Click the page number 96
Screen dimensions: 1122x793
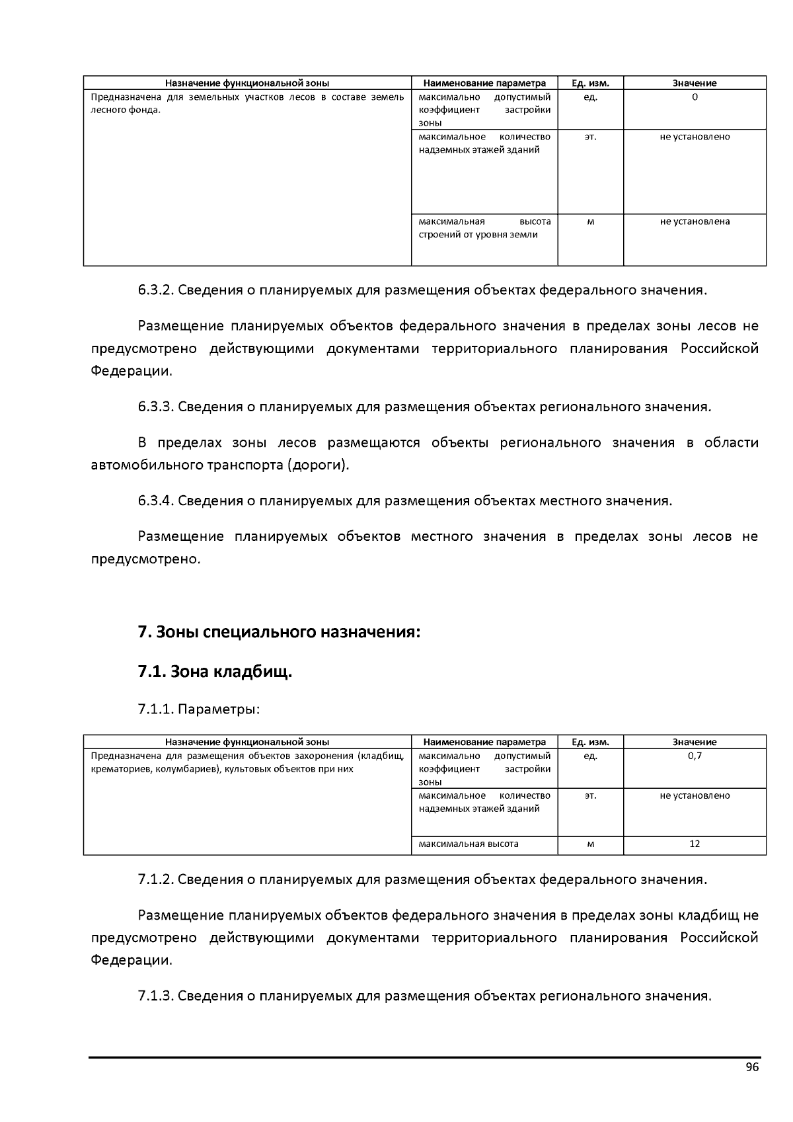752,1068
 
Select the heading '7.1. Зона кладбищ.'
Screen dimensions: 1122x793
215,672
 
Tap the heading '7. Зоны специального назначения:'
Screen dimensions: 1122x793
279,632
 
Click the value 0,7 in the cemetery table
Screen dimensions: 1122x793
695,756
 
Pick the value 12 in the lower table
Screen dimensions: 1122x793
695,844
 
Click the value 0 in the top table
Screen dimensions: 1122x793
695,97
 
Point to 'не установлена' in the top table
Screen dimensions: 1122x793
695,221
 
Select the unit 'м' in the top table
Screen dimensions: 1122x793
590,221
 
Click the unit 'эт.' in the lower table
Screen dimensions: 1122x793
590,795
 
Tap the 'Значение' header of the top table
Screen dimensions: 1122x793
695,83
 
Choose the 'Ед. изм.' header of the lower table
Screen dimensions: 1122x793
590,742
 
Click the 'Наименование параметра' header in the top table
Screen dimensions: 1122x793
484,83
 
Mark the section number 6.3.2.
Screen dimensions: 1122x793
156,290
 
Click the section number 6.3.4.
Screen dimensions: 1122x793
156,501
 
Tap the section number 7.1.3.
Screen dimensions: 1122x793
156,996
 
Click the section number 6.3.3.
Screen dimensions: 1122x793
156,407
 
